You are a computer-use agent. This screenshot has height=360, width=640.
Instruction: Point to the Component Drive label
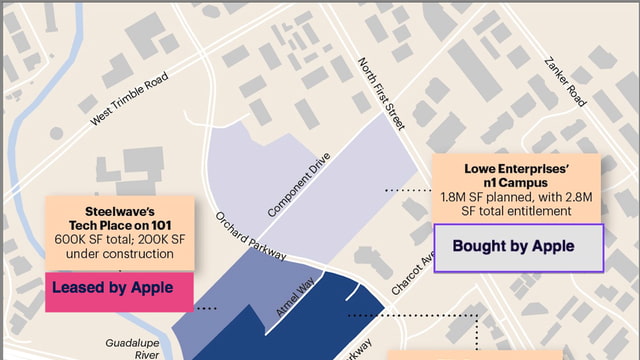(x=299, y=184)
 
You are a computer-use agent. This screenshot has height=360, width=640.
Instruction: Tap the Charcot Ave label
(x=411, y=273)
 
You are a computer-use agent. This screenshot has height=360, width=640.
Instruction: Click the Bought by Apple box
(x=518, y=246)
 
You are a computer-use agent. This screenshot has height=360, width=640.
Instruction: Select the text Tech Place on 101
(x=120, y=225)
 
